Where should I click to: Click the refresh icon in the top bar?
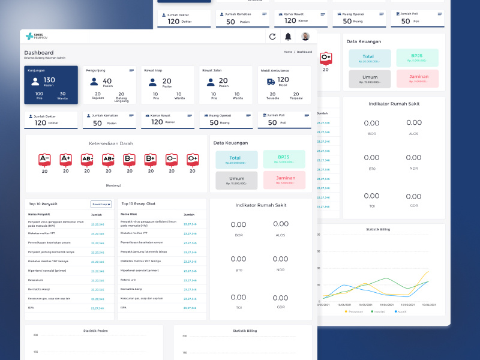272,37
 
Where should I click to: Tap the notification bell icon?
288,37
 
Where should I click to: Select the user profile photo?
305,37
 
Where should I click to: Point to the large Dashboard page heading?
38,53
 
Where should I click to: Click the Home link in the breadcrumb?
288,52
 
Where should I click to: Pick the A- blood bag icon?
44,160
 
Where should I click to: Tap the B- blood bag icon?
129,160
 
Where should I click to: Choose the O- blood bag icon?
172,160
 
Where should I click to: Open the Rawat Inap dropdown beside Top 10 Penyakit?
101,205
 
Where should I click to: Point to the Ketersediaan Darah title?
111,143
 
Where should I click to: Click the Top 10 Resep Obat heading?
138,203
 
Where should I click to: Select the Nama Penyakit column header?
39,214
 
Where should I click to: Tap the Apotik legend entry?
401,311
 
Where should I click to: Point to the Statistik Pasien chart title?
95,331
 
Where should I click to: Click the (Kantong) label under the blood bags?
113,185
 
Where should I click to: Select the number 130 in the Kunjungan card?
49,80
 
